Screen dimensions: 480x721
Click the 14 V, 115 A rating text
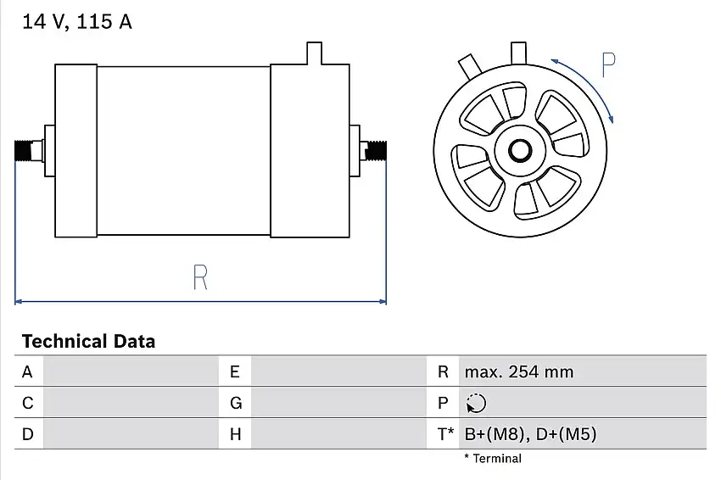[x=76, y=22]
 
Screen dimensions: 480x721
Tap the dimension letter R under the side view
[x=200, y=277]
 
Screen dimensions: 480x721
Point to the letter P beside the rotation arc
[x=608, y=65]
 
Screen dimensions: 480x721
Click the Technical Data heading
[x=88, y=342]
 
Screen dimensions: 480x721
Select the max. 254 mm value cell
[x=518, y=371]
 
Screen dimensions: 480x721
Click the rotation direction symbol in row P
[x=476, y=404]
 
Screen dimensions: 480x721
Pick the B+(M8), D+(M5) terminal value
[x=530, y=434]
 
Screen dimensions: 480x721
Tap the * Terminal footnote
[x=493, y=459]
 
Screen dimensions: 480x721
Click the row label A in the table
[x=27, y=371]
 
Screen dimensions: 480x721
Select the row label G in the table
[x=236, y=404]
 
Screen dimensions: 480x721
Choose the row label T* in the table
[x=446, y=434]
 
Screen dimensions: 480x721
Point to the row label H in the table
[x=236, y=434]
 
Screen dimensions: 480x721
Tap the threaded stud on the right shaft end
[x=375, y=151]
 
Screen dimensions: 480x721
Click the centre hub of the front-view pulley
[x=519, y=152]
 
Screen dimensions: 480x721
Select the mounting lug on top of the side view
[x=313, y=53]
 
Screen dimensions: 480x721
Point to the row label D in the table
[x=27, y=434]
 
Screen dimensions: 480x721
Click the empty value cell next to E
[x=339, y=371]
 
